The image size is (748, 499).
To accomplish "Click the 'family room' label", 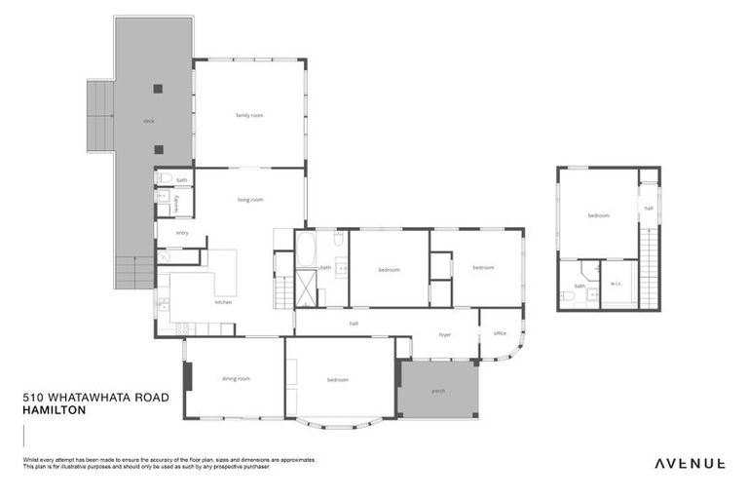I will coord(249,115).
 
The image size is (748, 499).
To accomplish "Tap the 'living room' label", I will coord(250,200).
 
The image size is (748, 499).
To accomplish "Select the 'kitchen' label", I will coord(224,302).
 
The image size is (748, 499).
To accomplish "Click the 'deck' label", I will coord(148,121).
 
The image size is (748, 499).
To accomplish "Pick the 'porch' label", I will coord(438,391).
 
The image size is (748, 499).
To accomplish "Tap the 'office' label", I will coord(500,333).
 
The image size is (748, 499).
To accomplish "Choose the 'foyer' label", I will coord(444,334).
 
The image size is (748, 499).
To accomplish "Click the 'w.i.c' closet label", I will coord(616,285).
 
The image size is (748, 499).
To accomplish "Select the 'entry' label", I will coord(182,233).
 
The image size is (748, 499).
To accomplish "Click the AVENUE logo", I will coord(689,464).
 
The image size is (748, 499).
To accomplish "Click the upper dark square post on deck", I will coord(158,89).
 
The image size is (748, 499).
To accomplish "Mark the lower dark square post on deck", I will coord(158,149).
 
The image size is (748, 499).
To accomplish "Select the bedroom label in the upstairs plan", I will coord(598,215).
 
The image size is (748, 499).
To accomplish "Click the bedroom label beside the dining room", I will coord(338,379).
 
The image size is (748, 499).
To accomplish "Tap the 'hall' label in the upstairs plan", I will coord(649,209).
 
